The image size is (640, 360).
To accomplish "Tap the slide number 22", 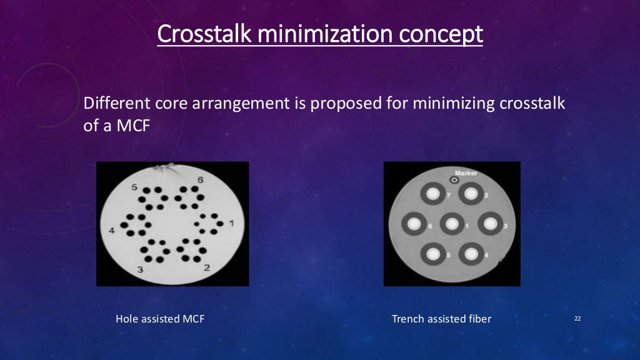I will [577, 319].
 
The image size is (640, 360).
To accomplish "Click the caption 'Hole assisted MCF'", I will [160, 319].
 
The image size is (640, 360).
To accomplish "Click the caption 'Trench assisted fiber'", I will [441, 319].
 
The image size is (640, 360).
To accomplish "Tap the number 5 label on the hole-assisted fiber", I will [134, 186].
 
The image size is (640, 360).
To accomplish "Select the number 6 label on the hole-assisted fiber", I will [201, 180].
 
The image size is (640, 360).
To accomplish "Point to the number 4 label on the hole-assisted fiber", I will [112, 231].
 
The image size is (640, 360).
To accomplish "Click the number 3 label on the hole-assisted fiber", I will [141, 269].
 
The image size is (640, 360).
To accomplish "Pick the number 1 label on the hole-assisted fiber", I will [232, 222].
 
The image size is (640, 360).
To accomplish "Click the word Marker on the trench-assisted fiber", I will [466, 172].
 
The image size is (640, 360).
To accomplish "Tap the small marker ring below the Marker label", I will [454, 180].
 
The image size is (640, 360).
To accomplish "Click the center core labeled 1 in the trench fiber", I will [452, 223].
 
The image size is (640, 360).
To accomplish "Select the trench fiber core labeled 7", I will [431, 194].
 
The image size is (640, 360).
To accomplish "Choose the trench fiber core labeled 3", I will [491, 223].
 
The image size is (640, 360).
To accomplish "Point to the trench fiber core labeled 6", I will [413, 223].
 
